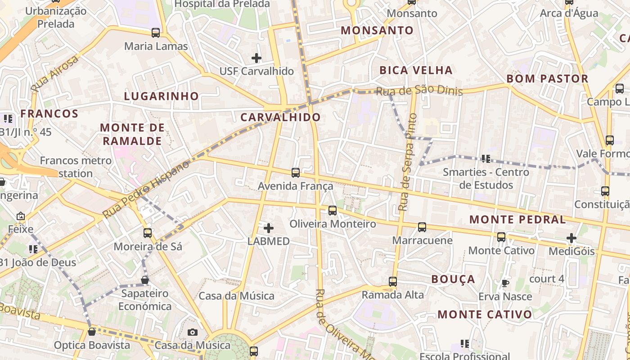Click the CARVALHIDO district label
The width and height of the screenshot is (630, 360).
(280, 117)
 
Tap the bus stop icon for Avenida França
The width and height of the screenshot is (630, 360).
(296, 172)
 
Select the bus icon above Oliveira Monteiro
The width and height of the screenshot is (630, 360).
(333, 210)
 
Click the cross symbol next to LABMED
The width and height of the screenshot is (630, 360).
(269, 228)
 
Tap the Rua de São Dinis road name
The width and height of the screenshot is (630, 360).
(419, 90)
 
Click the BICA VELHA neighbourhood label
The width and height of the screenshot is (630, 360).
(416, 70)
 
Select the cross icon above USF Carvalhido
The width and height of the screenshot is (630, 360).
(256, 58)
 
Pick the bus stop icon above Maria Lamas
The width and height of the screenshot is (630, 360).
(156, 33)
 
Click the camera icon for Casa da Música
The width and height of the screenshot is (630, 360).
(193, 333)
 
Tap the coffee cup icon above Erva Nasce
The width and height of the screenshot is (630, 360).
(505, 283)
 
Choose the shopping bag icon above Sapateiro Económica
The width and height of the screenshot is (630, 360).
(145, 280)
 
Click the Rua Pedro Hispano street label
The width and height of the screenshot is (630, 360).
(146, 190)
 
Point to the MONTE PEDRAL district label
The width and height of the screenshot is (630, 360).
(517, 220)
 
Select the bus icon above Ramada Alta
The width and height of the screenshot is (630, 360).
(393, 282)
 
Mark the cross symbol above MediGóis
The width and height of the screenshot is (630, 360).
(571, 238)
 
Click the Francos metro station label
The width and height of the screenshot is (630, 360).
(76, 167)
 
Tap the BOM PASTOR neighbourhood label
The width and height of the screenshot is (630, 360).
(547, 79)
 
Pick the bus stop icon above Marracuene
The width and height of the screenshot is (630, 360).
(422, 227)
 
